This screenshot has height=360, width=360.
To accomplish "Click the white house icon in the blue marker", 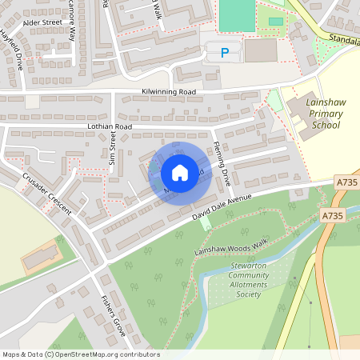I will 179,173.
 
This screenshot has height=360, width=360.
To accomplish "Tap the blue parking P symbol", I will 223,54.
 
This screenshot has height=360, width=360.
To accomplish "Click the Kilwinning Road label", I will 168,92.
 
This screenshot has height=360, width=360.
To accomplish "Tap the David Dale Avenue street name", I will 222,206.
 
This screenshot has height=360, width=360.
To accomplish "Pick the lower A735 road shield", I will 333,216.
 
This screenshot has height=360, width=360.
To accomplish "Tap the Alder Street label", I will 42,23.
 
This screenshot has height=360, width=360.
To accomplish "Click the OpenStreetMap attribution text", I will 81,354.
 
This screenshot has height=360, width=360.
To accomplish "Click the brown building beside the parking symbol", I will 261,50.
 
